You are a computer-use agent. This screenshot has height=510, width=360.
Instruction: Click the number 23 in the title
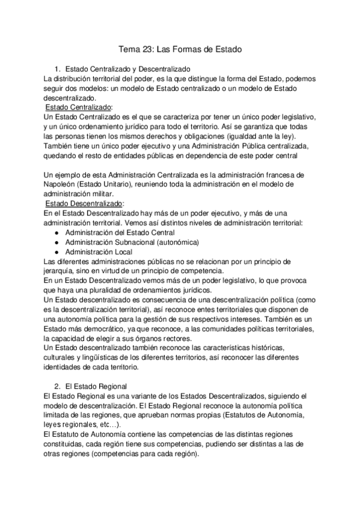coord(150,49)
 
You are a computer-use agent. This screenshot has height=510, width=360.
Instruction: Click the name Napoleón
coord(63,185)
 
